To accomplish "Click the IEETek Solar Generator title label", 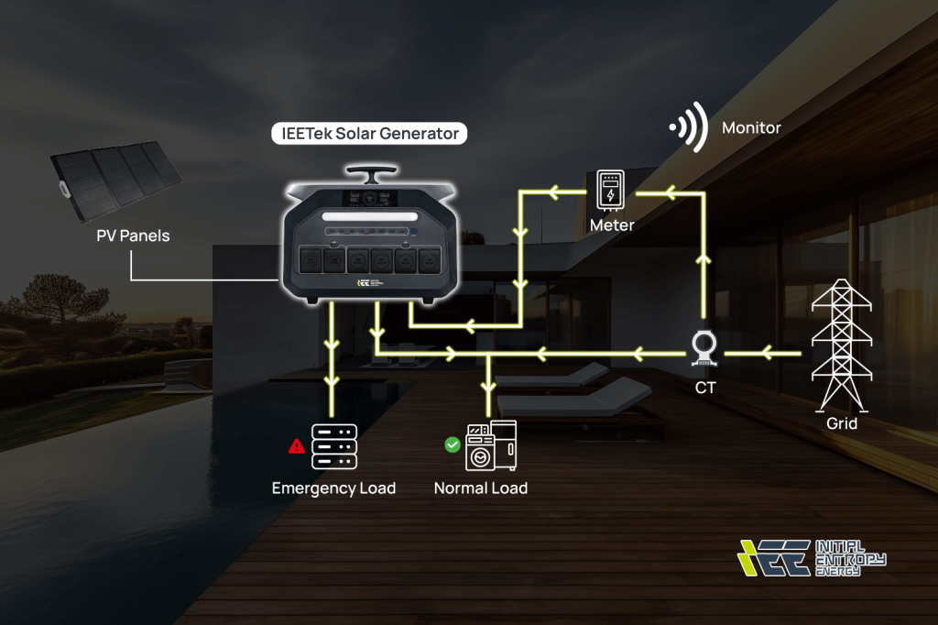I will [x=369, y=134].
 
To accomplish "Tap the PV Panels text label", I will [x=133, y=236].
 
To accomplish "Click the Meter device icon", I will [x=610, y=191].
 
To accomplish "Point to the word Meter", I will [x=611, y=225].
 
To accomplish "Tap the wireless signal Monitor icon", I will [x=689, y=127].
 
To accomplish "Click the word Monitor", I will [x=751, y=127].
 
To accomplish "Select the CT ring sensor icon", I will [x=704, y=349].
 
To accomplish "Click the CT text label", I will [x=705, y=387].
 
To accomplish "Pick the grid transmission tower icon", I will [x=842, y=345].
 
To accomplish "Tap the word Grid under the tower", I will [x=842, y=423].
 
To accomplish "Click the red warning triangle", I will [x=297, y=446].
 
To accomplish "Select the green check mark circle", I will [x=452, y=444].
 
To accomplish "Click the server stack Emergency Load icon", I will [x=333, y=446].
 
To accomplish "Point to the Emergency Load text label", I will [x=333, y=488].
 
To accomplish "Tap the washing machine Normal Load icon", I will [x=491, y=445].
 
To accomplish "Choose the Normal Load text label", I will [x=481, y=488].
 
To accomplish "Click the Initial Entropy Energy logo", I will [x=812, y=557].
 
